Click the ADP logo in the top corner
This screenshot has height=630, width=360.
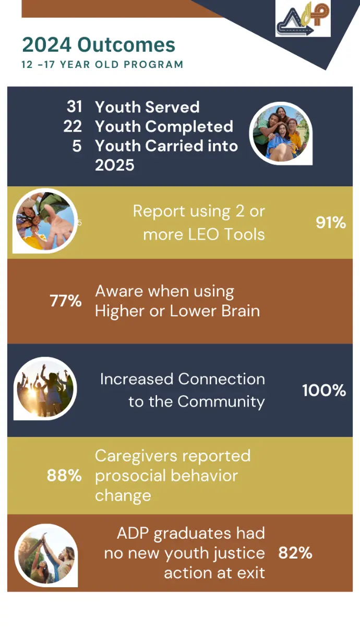coord(303,18)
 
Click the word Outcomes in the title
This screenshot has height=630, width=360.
coord(126,45)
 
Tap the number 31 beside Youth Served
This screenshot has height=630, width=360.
coord(75,106)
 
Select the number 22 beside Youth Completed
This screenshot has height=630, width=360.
coord(73,126)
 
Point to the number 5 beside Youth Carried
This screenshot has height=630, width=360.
coord(77,146)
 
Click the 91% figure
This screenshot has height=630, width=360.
coord(331,223)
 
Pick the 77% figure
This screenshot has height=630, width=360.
coord(66,301)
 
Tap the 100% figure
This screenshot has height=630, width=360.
coord(324,390)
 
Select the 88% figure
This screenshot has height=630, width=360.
coord(64,476)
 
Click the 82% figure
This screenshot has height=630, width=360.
coord(295,553)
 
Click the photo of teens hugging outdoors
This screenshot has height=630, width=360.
coord(281,133)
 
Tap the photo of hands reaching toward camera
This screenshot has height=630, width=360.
coord(45,221)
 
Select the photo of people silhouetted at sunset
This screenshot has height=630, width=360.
coord(45,388)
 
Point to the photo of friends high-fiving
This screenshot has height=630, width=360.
coord(46,555)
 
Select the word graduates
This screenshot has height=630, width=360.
coord(193,533)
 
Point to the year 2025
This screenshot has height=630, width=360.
coord(115,165)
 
